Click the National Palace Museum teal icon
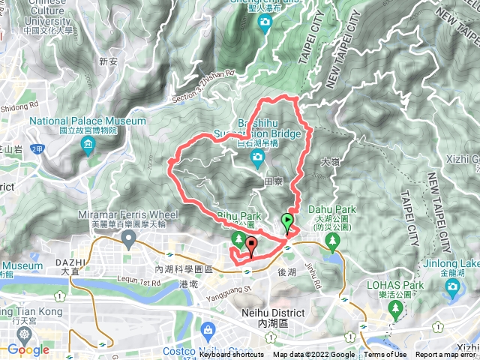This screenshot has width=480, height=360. (x=88, y=143)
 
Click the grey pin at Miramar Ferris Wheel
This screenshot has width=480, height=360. (x=128, y=239)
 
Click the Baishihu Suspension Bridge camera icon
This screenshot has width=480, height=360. (x=257, y=157)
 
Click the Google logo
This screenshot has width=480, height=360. (x=28, y=349)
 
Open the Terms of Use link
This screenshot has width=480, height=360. (x=385, y=355)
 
